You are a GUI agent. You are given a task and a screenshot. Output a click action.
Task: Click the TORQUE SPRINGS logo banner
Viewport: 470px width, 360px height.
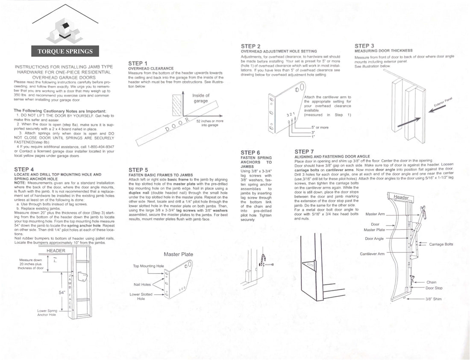(65, 51)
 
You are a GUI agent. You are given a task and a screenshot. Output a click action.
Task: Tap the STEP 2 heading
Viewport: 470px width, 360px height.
(251, 46)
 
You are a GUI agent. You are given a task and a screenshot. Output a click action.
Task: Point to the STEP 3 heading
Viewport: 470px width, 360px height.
(364, 46)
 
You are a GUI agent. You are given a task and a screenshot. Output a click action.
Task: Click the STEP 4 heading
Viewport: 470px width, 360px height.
(24, 170)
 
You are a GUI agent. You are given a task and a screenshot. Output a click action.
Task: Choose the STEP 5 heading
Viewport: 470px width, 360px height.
(138, 170)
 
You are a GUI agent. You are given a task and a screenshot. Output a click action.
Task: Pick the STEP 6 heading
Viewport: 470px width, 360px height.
(250, 152)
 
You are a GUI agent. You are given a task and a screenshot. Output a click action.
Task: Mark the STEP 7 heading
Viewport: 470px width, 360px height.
(304, 152)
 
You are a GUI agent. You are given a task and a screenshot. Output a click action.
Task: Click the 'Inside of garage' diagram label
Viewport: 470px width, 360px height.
(201, 98)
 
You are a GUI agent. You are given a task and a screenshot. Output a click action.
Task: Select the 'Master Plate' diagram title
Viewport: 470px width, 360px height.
(178, 254)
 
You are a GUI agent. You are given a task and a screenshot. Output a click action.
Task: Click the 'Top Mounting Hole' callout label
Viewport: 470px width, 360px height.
(148, 266)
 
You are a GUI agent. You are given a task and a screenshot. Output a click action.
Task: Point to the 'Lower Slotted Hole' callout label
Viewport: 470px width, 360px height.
(141, 296)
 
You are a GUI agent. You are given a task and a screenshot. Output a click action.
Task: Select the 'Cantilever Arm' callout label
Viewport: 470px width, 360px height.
(372, 254)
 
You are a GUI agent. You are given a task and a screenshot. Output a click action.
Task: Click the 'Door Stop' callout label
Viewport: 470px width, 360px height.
(434, 288)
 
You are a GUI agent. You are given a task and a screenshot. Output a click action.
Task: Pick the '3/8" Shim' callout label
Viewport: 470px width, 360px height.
(433, 299)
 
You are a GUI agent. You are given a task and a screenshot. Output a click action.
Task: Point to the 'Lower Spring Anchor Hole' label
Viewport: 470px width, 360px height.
(47, 313)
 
